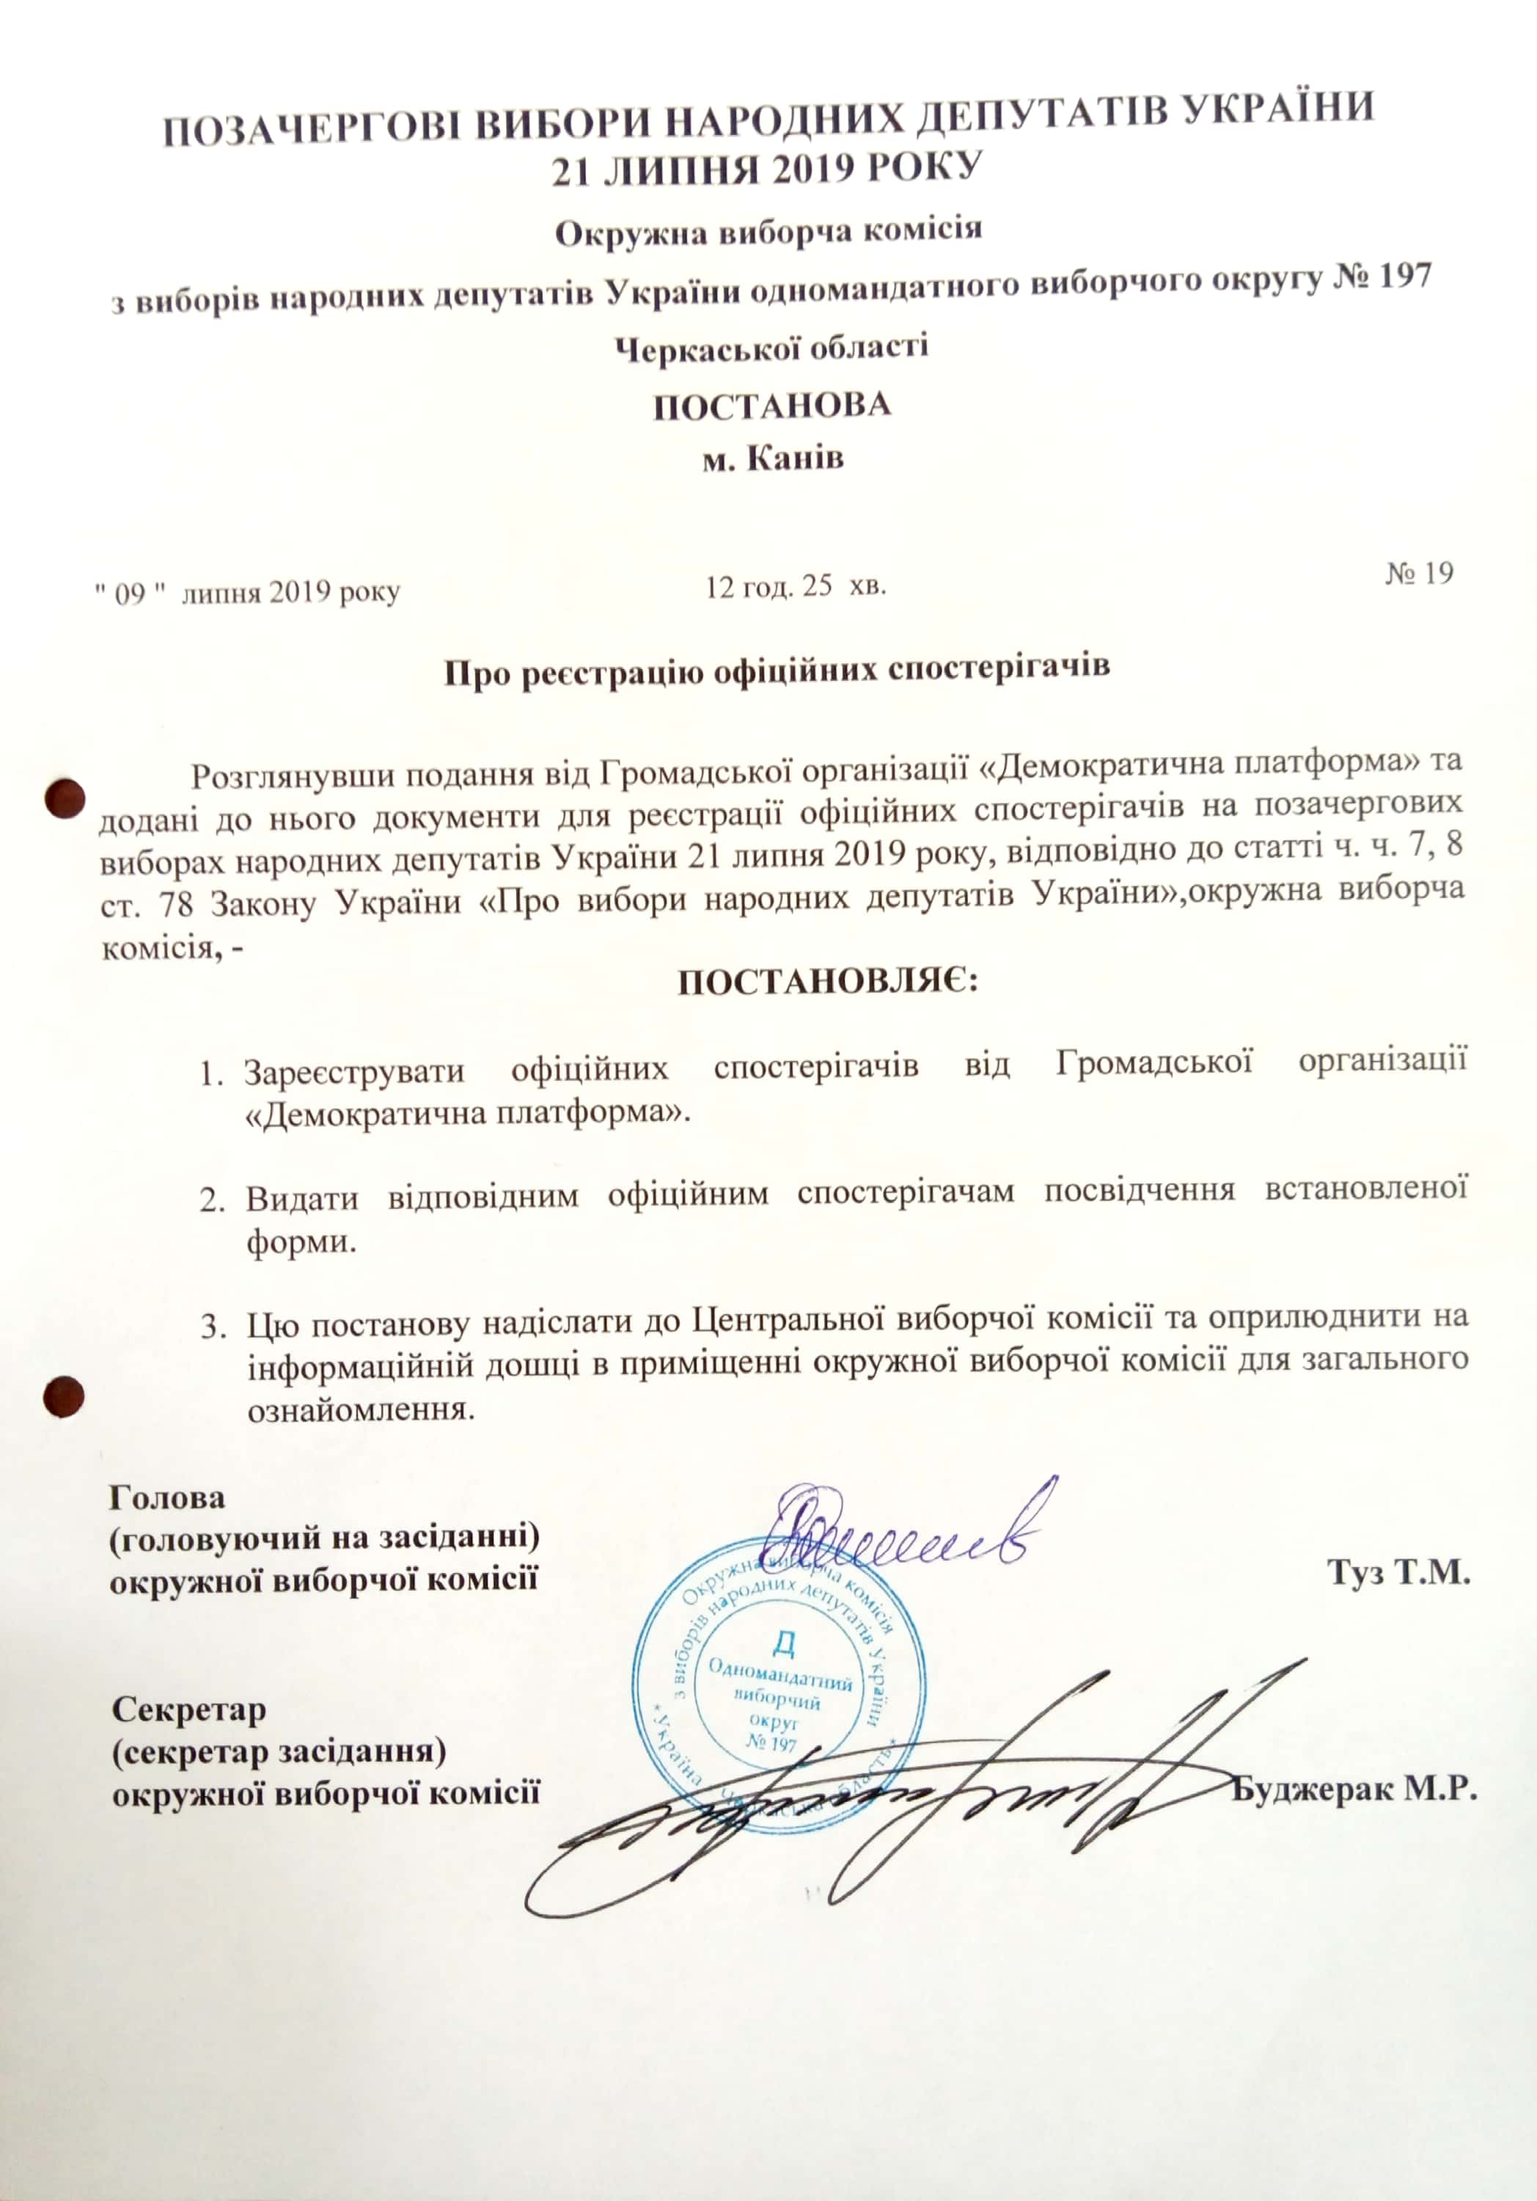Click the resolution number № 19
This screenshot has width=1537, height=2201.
(x=1419, y=572)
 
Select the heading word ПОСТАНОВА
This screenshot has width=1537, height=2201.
(x=772, y=404)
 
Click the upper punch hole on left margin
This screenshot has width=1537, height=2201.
(x=66, y=797)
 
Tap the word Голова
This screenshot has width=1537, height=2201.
(x=169, y=1495)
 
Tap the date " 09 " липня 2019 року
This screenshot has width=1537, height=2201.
(x=246, y=592)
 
